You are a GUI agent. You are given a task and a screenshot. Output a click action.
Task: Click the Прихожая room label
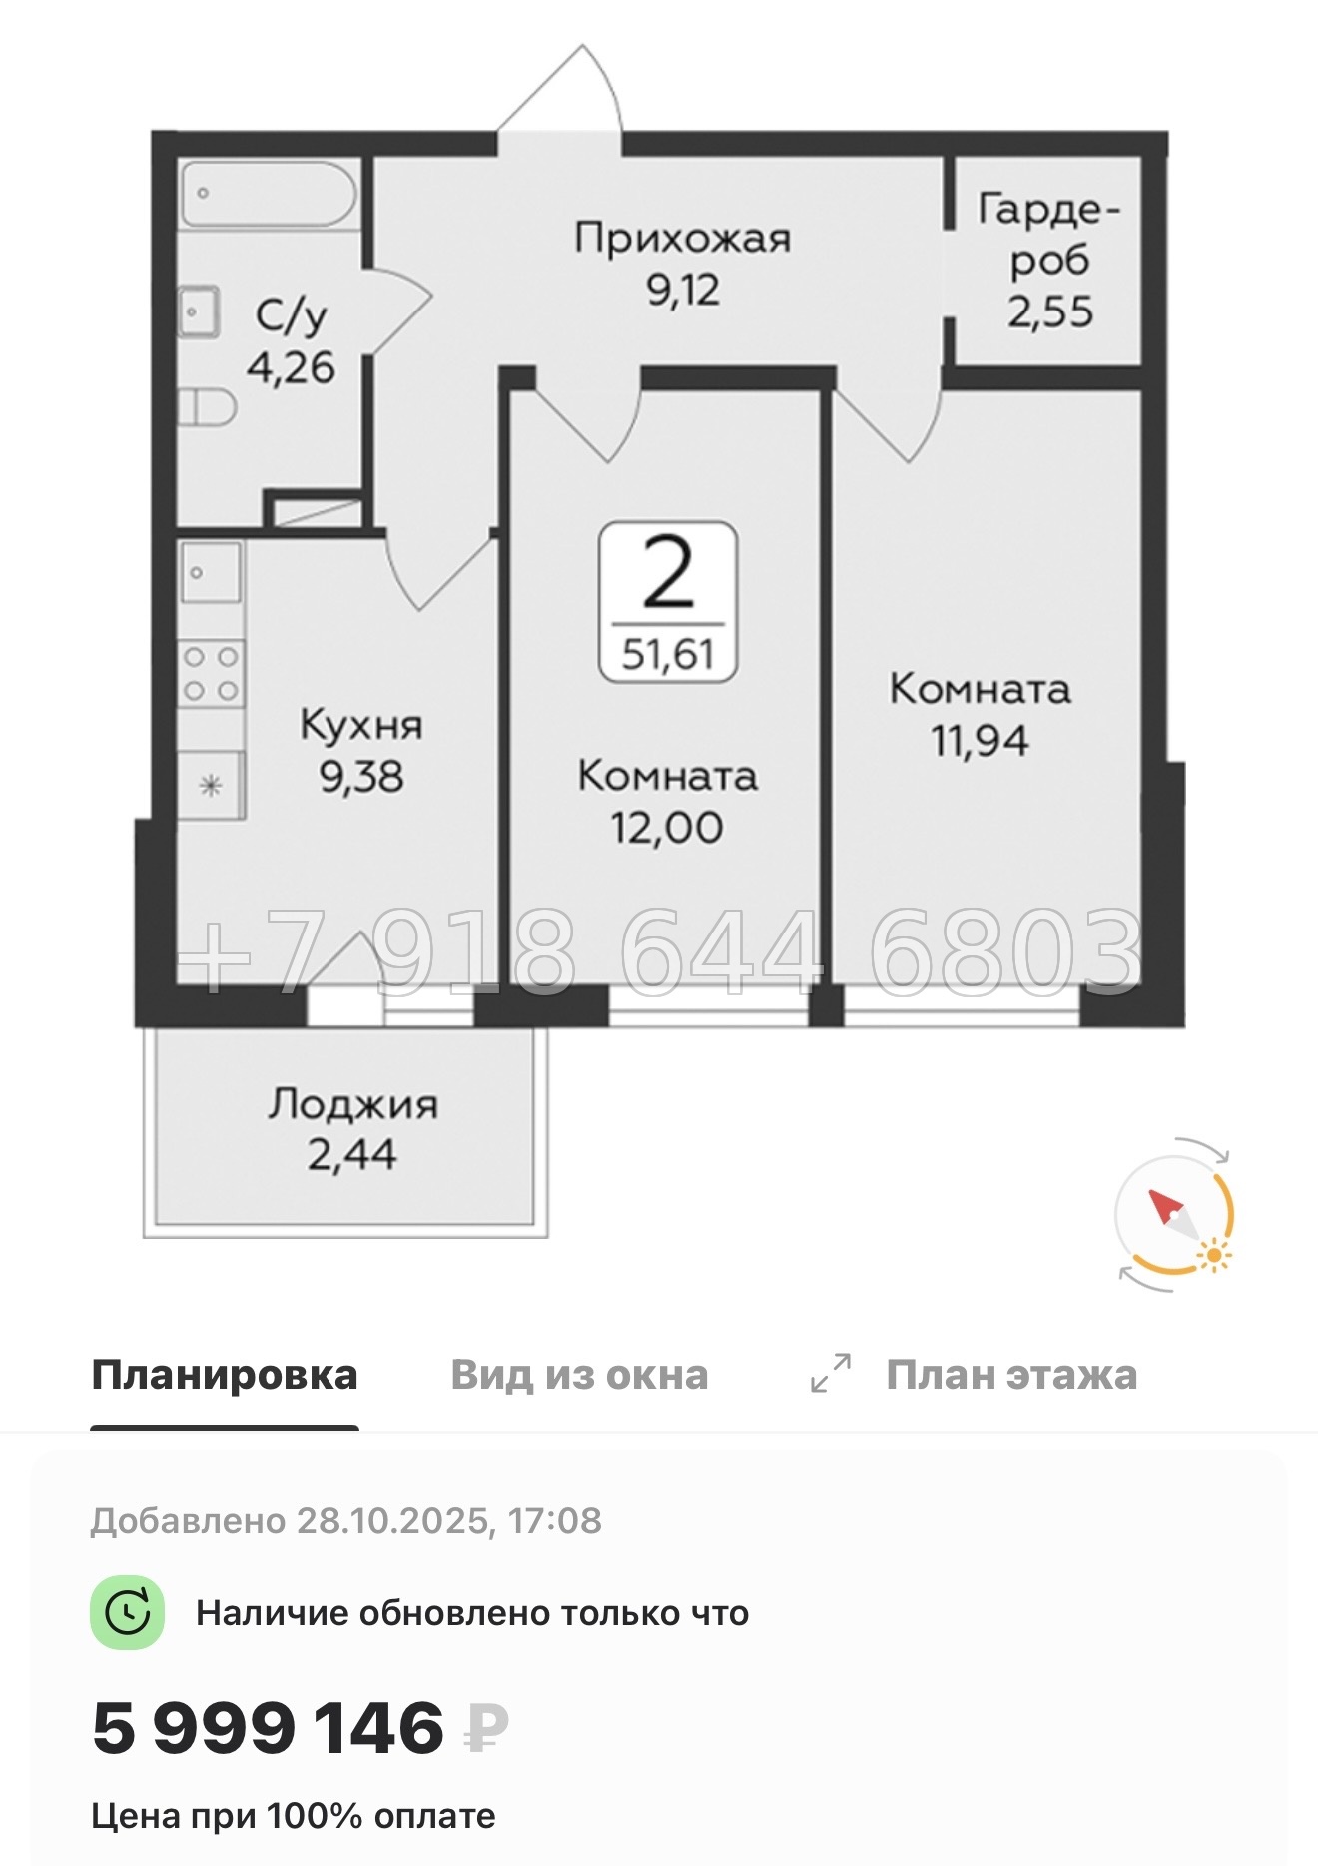pyautogui.click(x=682, y=239)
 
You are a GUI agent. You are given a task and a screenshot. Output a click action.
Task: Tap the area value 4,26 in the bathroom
pyautogui.click(x=291, y=368)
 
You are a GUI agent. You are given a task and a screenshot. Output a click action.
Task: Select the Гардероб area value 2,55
pyautogui.click(x=1050, y=312)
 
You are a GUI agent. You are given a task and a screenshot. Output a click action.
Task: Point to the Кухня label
pyautogui.click(x=361, y=725)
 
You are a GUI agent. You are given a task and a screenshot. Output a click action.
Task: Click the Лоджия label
pyautogui.click(x=352, y=1104)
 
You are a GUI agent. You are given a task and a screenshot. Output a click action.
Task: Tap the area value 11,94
pyautogui.click(x=980, y=741)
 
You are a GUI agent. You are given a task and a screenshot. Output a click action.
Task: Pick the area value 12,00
pyautogui.click(x=667, y=828)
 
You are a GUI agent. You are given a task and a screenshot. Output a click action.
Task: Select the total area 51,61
pyautogui.click(x=667, y=654)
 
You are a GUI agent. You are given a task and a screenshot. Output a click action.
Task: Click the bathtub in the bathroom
pyautogui.click(x=268, y=194)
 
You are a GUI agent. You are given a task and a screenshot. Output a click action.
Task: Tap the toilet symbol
pyautogui.click(x=208, y=407)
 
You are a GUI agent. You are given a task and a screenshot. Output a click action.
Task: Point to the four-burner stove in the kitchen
pyautogui.click(x=212, y=674)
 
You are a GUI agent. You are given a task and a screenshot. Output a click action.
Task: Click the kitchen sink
pyautogui.click(x=211, y=572)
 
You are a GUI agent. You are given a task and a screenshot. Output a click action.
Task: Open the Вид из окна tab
pyautogui.click(x=579, y=1375)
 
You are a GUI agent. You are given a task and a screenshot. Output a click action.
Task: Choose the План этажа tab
pyautogui.click(x=1010, y=1375)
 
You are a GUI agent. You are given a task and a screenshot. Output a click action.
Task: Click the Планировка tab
pyautogui.click(x=225, y=1375)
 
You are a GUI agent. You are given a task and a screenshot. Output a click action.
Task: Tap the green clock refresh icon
pyautogui.click(x=127, y=1613)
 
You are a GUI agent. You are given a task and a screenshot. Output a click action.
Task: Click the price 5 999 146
pyautogui.click(x=268, y=1729)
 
